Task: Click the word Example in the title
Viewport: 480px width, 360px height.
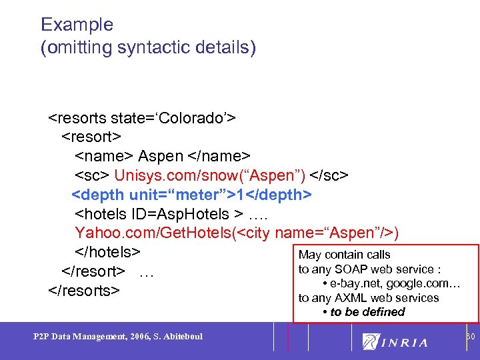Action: [77, 25]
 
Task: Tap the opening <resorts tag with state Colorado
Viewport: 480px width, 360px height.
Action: [141, 119]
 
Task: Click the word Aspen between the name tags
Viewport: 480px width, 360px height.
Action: [160, 156]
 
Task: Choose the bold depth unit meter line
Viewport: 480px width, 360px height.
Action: [191, 195]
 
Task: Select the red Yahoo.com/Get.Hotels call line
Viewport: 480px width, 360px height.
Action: [237, 233]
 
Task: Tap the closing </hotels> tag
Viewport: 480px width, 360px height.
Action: [107, 252]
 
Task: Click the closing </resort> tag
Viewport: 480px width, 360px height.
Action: [93, 271]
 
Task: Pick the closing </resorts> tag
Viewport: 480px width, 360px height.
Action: [84, 291]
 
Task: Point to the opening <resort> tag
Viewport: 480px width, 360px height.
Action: [91, 137]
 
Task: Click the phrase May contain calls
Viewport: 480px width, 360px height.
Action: [345, 255]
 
